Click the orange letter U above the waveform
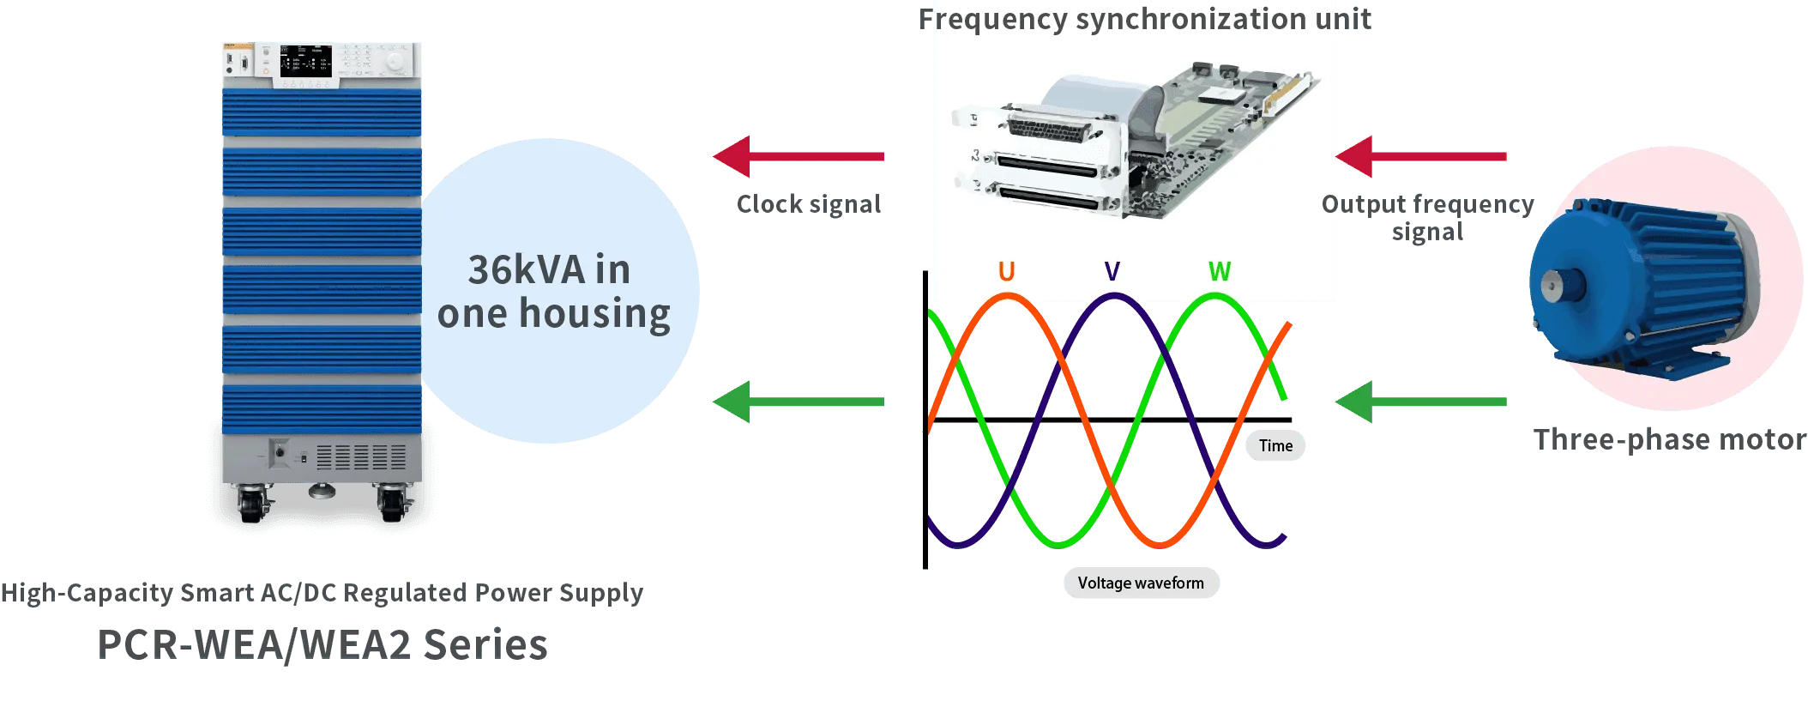pyautogui.click(x=1007, y=272)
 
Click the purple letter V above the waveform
pyautogui.click(x=1112, y=272)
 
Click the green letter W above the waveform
pyautogui.click(x=1219, y=272)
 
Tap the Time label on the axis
pyautogui.click(x=1275, y=445)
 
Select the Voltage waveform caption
pyautogui.click(x=1140, y=583)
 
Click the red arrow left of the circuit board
pyautogui.click(x=798, y=156)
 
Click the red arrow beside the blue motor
pyautogui.click(x=1421, y=156)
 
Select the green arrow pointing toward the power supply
pyautogui.click(x=798, y=402)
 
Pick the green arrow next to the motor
pyautogui.click(x=1421, y=402)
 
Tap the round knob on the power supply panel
pyautogui.click(x=394, y=62)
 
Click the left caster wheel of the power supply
pyautogui.click(x=251, y=503)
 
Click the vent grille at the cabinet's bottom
pyautogui.click(x=361, y=456)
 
